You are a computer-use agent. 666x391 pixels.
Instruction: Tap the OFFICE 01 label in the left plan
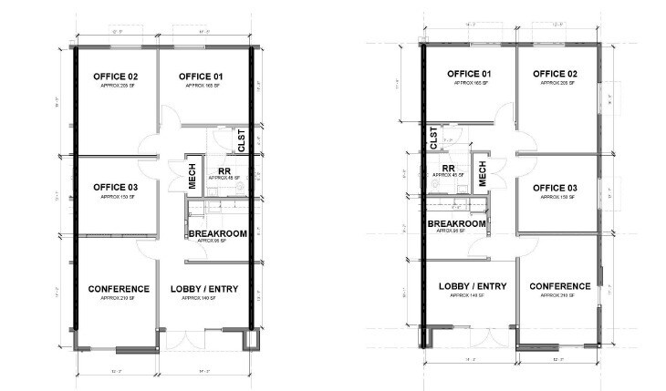tap(201, 76)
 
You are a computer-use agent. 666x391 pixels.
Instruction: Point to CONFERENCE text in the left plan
tap(119, 289)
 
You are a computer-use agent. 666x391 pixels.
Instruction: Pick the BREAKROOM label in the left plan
tap(218, 234)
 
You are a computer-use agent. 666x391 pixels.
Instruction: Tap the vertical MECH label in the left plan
tap(193, 176)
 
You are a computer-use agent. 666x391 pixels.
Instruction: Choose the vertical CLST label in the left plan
tap(242, 141)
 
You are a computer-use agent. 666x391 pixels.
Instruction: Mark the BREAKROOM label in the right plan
tap(456, 223)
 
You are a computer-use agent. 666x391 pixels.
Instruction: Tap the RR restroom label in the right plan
tap(448, 168)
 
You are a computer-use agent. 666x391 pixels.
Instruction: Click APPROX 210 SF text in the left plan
tap(119, 298)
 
